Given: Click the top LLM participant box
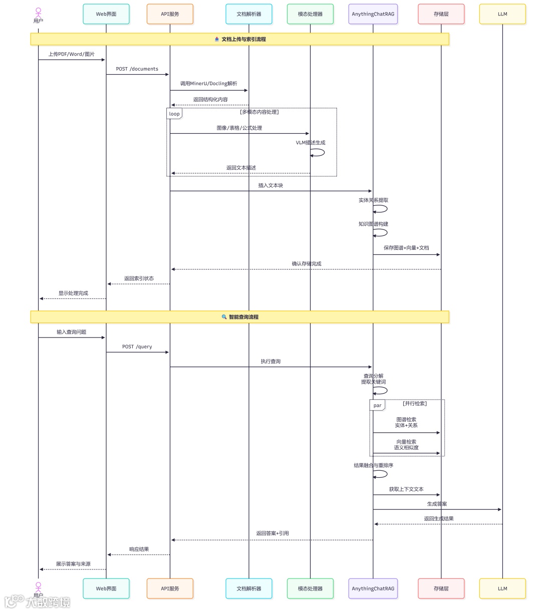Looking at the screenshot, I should pos(502,14).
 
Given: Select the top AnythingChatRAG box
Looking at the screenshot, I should pos(373,14).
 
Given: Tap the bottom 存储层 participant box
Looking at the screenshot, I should pos(441,588).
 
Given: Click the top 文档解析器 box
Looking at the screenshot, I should pos(249,14).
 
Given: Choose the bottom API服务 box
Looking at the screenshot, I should pos(170,588).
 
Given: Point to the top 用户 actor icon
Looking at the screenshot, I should pos(39,12).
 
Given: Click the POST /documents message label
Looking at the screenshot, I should pos(137,69).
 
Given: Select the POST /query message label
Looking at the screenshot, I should pos(137,347).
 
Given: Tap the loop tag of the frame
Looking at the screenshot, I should pos(174,114).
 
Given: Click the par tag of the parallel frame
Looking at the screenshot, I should pos(377,405).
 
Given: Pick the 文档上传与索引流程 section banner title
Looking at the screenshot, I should pos(243,39).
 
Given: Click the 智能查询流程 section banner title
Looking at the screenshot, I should pos(243,317).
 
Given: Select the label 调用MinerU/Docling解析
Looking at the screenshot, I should pos(208,84).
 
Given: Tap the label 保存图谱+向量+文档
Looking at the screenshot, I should pos(406,248).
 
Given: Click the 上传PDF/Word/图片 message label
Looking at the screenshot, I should pos(71,54).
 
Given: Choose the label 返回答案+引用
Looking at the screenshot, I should pos(272,533).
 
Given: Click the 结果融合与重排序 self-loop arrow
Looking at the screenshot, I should pos(382,474).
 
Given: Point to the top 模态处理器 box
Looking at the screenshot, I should pos(310,14).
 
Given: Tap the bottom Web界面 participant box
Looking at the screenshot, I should pos(106,588).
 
